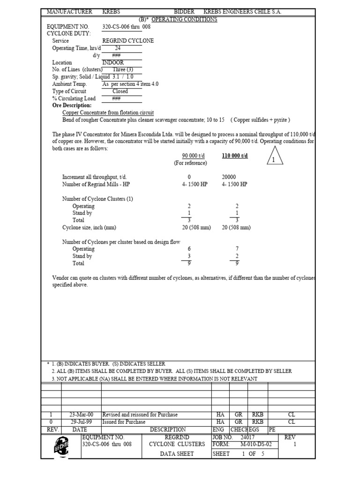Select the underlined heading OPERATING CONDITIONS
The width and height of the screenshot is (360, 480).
click(184, 19)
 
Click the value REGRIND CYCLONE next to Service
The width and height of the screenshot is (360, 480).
click(128, 41)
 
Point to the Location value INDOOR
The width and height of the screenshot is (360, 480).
click(113, 62)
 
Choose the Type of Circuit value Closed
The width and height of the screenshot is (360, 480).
click(120, 91)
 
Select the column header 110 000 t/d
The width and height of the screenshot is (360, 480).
click(235, 156)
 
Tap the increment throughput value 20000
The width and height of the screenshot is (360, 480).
click(229, 177)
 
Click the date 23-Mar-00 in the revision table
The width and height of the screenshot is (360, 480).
click(82, 415)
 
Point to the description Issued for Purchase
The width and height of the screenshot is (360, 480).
click(124, 422)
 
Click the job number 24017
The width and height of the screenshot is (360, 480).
click(248, 437)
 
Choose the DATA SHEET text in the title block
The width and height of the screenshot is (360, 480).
click(177, 454)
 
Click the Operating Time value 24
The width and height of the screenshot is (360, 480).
click(118, 48)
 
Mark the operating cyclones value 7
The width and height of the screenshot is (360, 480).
click(237, 249)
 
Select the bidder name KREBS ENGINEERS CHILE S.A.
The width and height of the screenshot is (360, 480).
click(242, 11)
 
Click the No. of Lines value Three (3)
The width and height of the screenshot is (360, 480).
click(123, 70)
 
